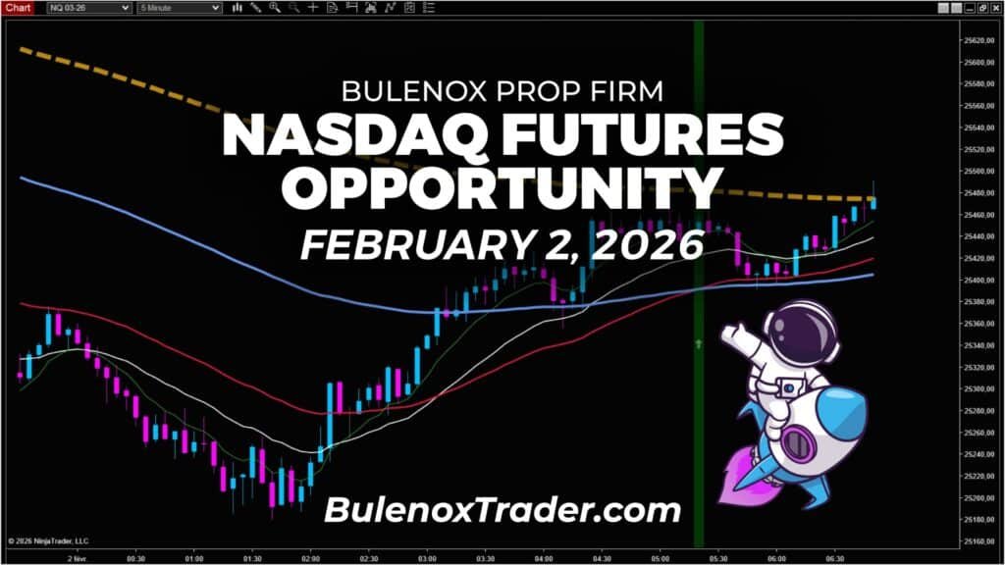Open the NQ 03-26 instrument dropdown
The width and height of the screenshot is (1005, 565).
pos(88,8)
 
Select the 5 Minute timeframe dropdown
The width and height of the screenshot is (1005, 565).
pos(181,8)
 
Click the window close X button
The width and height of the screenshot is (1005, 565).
pos(995,8)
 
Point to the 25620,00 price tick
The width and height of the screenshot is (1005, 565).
pos(979,40)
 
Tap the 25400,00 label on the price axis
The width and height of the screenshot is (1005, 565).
pos(979,281)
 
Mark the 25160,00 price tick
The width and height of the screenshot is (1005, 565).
pos(979,541)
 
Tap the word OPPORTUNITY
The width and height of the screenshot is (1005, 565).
pos(502,186)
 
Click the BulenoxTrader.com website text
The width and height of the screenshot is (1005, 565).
pos(502,510)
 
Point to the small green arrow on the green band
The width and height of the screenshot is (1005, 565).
pos(699,344)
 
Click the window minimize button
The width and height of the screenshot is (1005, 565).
pos(944,8)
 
